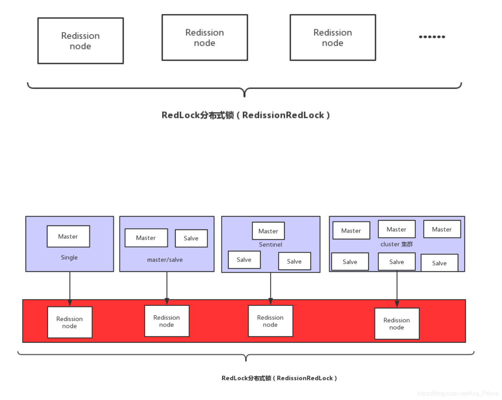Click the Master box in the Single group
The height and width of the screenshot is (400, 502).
point(68,236)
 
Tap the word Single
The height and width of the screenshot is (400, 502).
point(69,258)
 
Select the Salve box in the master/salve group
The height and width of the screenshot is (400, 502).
point(191,238)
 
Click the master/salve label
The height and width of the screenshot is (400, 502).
point(165,260)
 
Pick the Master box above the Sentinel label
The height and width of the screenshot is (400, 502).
point(268,231)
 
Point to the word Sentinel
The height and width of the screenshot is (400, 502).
point(271,245)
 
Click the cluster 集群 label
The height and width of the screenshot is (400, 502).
point(396,244)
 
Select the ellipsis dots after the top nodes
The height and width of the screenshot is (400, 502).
point(432,37)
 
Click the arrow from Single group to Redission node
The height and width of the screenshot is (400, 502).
point(70,286)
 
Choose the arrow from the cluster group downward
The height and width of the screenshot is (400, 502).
point(397,286)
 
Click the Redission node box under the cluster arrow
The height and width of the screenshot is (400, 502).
point(397,324)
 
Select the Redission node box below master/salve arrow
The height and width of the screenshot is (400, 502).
point(167,321)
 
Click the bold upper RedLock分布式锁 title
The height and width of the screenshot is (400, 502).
point(245,115)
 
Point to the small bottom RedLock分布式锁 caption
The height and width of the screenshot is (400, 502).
point(279,378)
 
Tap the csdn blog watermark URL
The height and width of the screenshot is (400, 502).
point(458,394)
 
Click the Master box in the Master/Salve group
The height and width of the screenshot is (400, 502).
point(146,238)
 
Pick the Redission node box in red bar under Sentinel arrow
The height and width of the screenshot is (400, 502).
point(271,321)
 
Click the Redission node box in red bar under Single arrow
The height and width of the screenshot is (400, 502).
point(70,322)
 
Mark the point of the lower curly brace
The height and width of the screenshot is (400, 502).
point(246,360)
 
